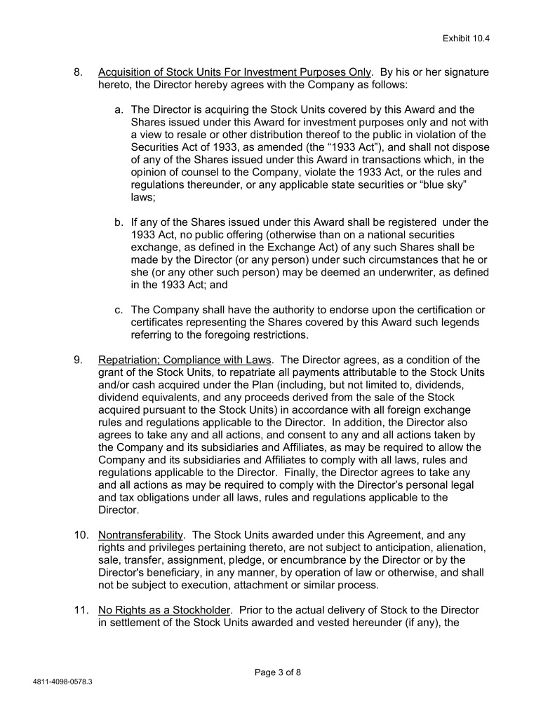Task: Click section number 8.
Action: tap(79, 72)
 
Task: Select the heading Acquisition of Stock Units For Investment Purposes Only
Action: tap(235, 72)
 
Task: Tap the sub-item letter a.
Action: tap(119, 109)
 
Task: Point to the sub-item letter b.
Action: tap(119, 222)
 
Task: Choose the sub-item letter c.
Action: tap(119, 309)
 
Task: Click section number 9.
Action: tap(79, 360)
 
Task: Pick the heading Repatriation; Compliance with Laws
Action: tap(185, 360)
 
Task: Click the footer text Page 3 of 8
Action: tap(277, 672)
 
